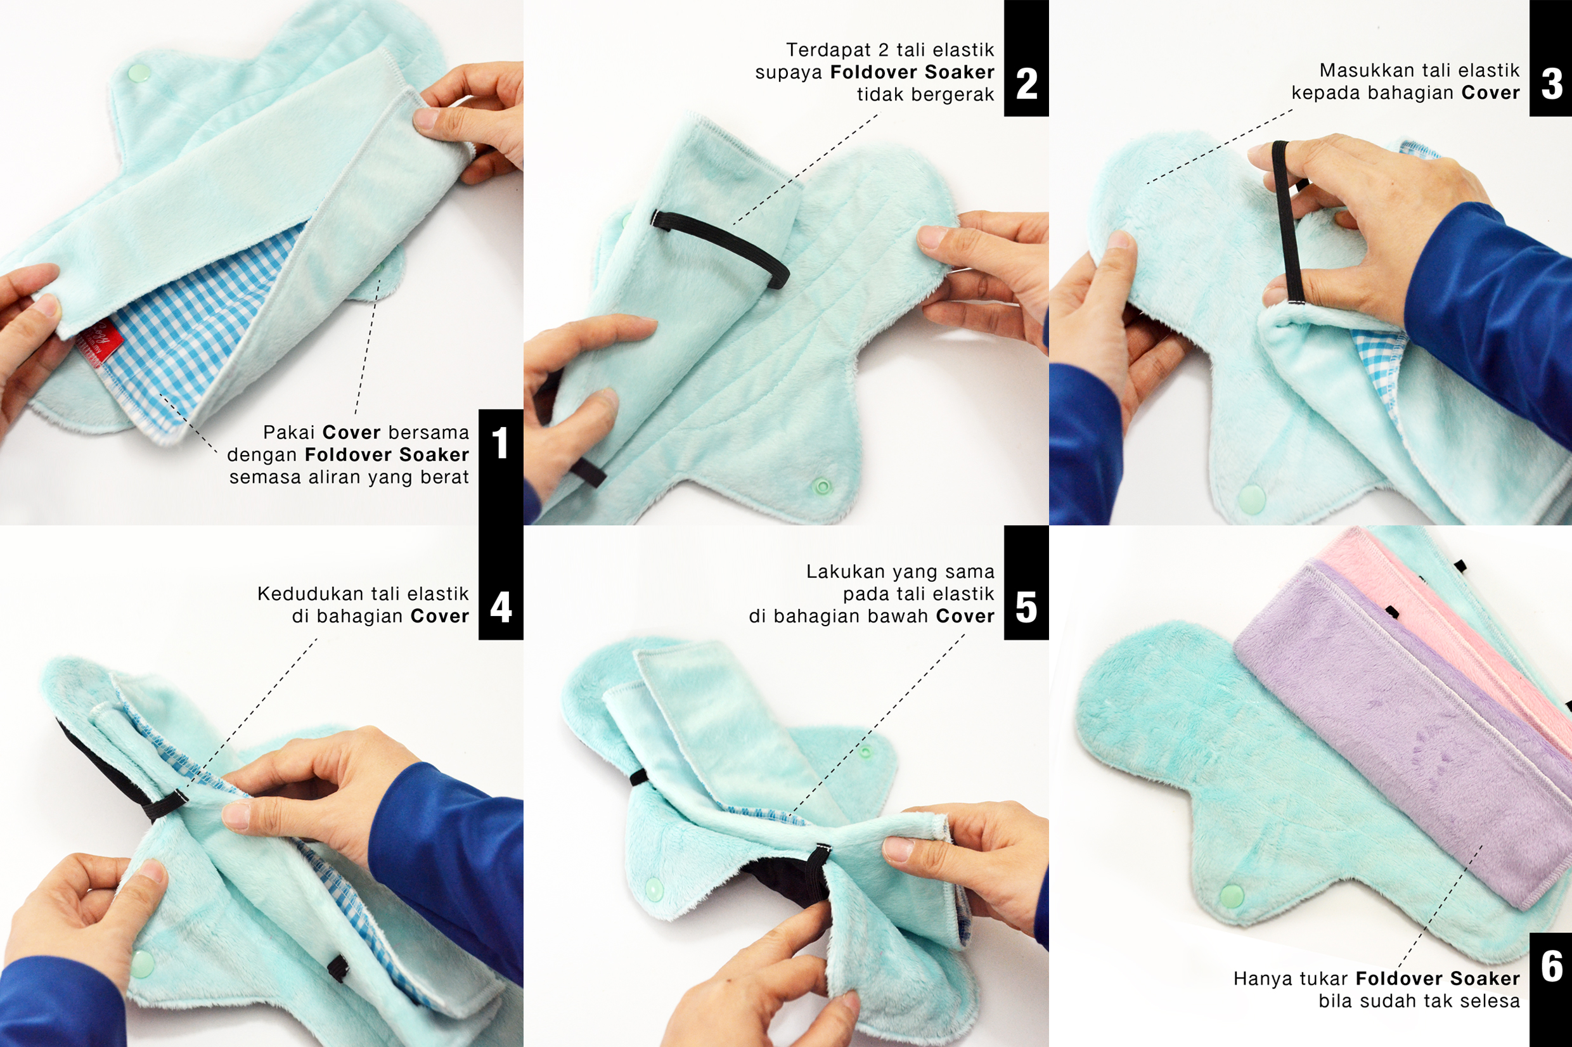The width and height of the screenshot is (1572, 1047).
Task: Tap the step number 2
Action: pos(1026,84)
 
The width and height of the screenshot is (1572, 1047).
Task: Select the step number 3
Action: pos(1552,84)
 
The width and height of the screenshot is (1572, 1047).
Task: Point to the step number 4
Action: pos(501,607)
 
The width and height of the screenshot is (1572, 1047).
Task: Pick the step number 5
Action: pos(1026,607)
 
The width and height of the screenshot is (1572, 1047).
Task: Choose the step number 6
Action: pos(1552,967)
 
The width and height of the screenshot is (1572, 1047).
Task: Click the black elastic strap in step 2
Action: pos(720,247)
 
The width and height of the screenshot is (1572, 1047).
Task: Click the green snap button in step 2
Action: pos(823,485)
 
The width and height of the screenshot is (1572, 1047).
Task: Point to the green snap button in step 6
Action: pos(1232,894)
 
